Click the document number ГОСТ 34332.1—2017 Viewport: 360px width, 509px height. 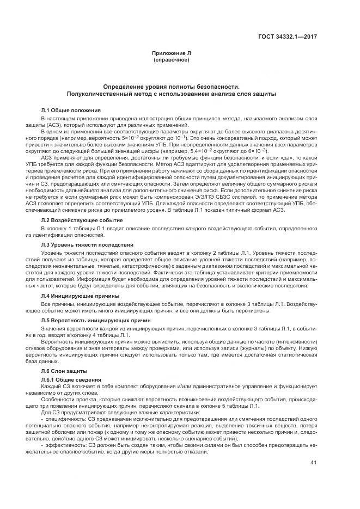tap(288, 36)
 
